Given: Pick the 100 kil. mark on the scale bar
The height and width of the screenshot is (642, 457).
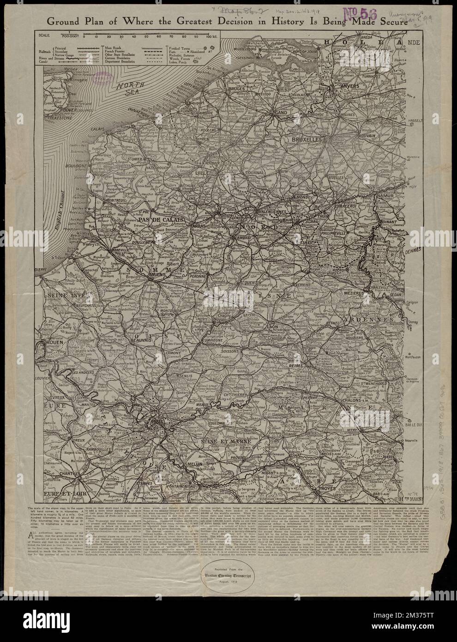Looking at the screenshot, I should (x=211, y=36).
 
